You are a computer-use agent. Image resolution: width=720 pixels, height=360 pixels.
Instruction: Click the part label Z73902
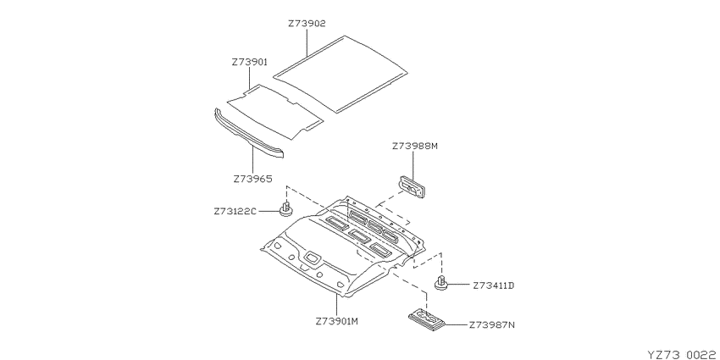tap(307, 24)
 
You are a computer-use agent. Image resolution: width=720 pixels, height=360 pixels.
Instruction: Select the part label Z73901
tap(249, 62)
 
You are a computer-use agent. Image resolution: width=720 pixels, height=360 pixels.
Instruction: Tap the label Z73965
tap(252, 179)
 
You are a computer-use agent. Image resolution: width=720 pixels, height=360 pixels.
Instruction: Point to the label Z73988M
tap(415, 147)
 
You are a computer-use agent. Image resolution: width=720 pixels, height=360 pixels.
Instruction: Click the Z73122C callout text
tap(234, 212)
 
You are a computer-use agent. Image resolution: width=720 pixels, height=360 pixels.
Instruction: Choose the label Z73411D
tap(494, 285)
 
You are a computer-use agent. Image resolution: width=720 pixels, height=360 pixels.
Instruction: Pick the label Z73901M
tap(336, 321)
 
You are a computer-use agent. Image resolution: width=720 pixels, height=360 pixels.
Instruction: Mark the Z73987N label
tap(492, 325)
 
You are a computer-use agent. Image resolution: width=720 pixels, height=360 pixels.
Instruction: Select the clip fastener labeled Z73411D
tap(441, 283)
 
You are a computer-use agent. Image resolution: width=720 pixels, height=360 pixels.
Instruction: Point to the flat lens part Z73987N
tap(427, 319)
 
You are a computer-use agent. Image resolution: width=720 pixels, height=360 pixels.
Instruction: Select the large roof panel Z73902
tap(341, 74)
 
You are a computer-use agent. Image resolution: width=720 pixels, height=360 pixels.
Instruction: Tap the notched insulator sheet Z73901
tap(274, 111)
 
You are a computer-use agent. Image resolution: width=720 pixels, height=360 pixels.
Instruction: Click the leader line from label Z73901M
tap(336, 306)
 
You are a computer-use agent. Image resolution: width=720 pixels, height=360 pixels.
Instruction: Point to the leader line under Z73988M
tap(413, 166)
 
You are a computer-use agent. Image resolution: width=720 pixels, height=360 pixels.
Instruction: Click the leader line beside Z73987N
tap(456, 325)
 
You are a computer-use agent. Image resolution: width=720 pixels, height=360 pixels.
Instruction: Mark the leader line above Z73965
tap(252, 158)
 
